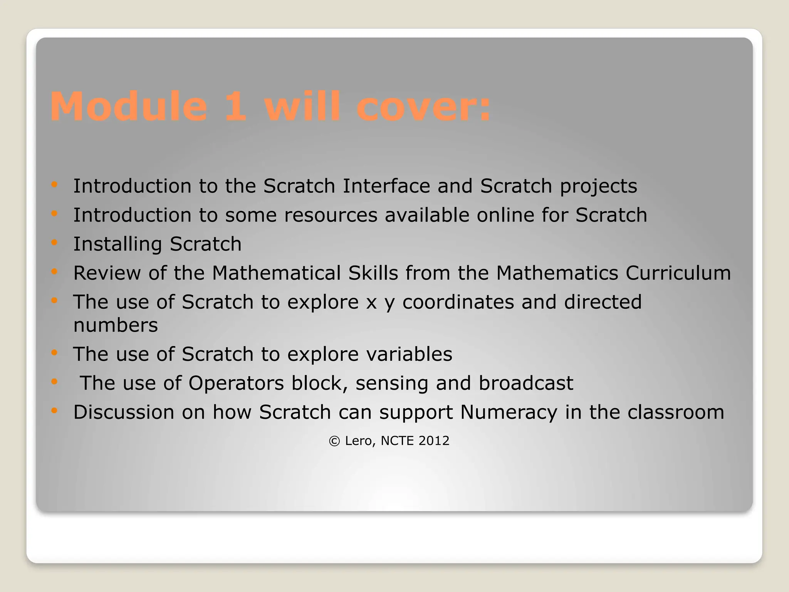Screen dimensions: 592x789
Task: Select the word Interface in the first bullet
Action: [386, 186]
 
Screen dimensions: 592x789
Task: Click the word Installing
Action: [118, 244]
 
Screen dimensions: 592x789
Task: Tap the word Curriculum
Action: [678, 273]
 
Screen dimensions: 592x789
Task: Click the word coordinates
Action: [458, 302]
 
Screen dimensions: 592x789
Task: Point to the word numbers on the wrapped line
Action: [116, 325]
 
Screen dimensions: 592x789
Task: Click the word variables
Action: [409, 354]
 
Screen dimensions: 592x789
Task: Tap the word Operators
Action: [236, 383]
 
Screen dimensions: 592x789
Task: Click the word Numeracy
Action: [509, 412]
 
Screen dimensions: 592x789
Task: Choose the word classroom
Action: [676, 412]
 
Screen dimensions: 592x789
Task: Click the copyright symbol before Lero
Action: [334, 441]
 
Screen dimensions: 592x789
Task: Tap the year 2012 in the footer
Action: [434, 441]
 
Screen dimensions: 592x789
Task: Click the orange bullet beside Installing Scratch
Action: [54, 243]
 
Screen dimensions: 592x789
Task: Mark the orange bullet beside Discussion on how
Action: [54, 411]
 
